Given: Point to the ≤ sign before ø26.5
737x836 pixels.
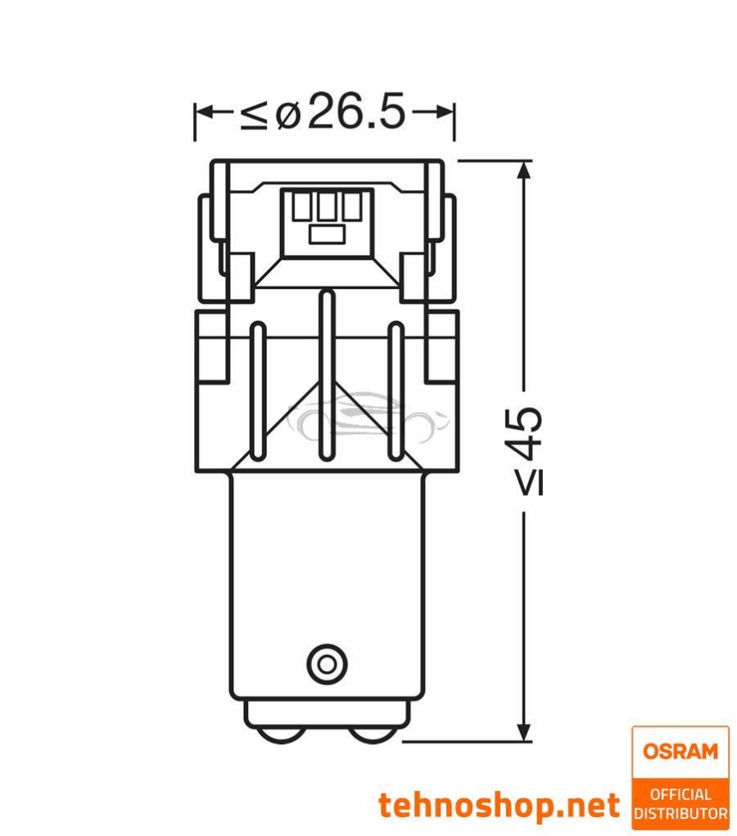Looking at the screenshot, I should pos(253,115).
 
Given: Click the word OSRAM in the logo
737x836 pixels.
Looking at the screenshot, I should pos(680,751).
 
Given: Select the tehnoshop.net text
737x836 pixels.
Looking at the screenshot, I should pos(499,806).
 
